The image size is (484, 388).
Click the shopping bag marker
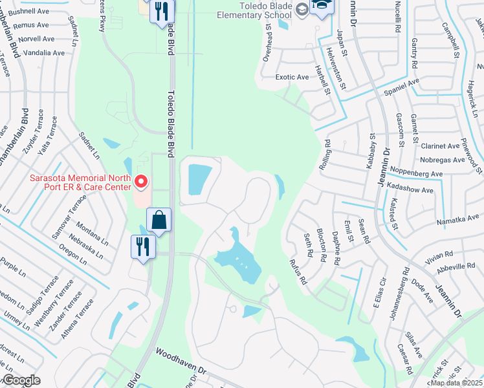tap(159, 222)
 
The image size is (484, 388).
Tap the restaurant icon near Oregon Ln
tap(142, 247)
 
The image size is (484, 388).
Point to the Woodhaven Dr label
tap(181, 363)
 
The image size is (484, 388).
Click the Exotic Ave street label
tap(292, 77)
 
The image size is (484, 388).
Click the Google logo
tap(21, 380)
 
